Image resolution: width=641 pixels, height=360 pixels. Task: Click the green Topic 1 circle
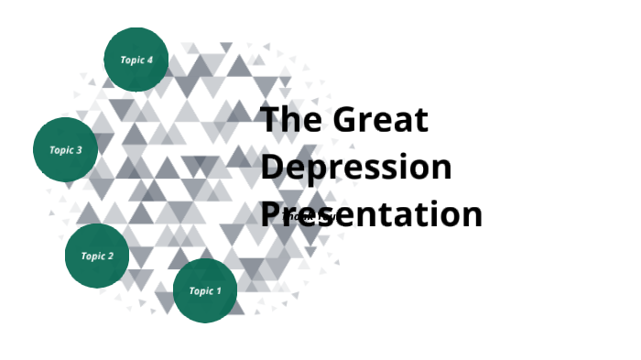[205, 291]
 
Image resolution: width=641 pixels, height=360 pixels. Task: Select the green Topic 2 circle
[97, 256]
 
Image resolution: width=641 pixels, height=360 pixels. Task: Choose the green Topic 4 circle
[136, 60]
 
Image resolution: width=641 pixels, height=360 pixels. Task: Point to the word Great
[380, 120]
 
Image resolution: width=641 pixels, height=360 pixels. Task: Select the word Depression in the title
[356, 168]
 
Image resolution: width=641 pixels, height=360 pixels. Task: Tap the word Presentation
[372, 214]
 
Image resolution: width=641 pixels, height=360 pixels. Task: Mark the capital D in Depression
[273, 168]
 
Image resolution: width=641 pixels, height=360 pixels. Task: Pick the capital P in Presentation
[271, 214]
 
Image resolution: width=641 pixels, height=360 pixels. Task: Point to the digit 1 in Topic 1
[218, 291]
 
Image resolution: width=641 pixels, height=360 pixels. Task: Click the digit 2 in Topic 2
[110, 256]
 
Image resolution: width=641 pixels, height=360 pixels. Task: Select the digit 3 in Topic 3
[79, 150]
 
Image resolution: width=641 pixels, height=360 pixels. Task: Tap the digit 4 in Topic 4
[149, 60]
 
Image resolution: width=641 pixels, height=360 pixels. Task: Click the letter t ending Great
[422, 121]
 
